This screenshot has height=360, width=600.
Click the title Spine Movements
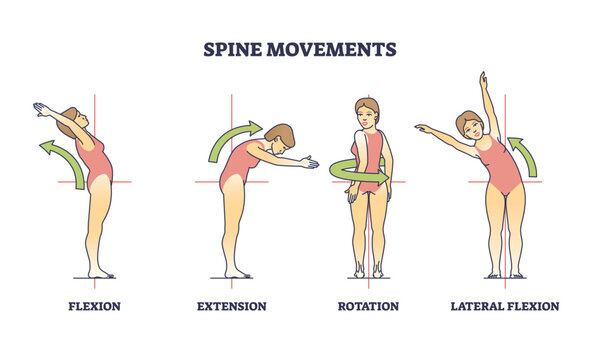[300, 48]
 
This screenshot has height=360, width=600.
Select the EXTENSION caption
[231, 306]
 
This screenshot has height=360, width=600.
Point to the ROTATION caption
[368, 306]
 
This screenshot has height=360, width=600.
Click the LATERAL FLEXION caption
[504, 306]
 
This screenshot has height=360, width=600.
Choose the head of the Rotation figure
[368, 111]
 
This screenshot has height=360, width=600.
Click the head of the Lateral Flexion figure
[469, 124]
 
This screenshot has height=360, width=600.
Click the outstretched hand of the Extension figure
[313, 162]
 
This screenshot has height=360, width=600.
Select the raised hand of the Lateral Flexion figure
[483, 77]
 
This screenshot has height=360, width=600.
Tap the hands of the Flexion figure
[40, 107]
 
